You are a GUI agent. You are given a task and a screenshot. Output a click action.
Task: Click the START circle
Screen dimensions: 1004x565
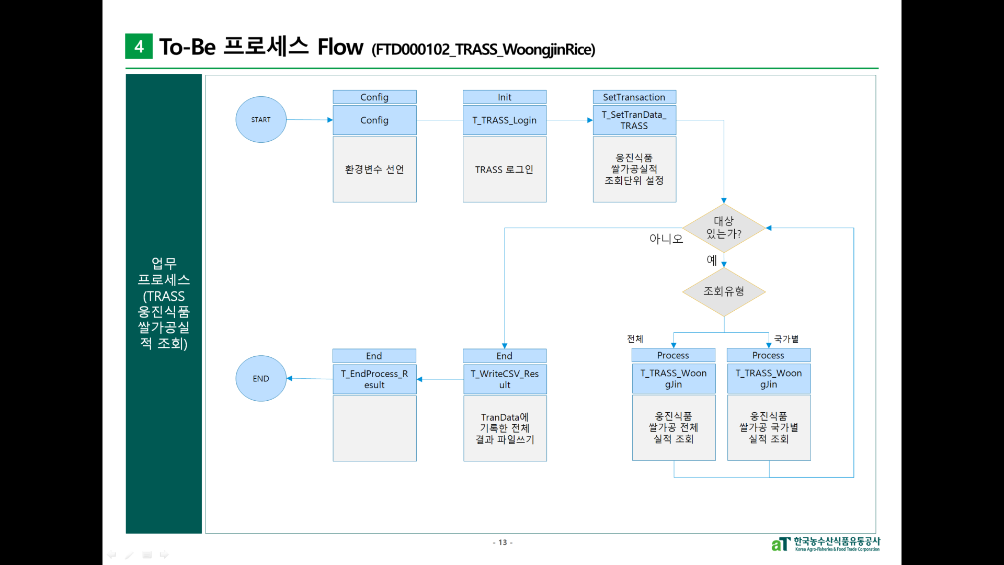click(x=261, y=120)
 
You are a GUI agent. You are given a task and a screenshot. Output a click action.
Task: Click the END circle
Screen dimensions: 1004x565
click(x=261, y=379)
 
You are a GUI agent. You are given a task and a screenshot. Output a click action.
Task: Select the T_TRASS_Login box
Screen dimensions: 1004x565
click(x=505, y=120)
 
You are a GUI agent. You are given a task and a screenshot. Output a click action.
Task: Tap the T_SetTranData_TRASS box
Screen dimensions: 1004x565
click(x=634, y=120)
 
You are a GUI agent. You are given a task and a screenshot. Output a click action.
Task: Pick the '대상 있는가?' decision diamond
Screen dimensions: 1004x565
click(x=724, y=228)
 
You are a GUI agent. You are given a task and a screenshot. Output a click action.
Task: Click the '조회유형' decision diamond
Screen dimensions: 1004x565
click(x=724, y=291)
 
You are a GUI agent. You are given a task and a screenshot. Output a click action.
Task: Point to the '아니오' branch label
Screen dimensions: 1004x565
click(x=666, y=239)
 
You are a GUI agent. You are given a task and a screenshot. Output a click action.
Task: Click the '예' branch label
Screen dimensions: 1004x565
click(x=712, y=260)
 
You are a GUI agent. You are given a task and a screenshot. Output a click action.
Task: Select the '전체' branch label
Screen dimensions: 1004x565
click(x=635, y=339)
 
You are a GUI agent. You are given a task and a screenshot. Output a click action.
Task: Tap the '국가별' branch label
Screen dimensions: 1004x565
click(x=786, y=339)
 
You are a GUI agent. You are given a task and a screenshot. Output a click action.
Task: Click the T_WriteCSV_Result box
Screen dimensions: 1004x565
click(x=505, y=379)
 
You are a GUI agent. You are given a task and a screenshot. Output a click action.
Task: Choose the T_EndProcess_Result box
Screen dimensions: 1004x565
click(x=374, y=379)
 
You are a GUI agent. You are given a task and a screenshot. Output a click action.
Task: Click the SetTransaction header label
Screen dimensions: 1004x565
click(x=634, y=97)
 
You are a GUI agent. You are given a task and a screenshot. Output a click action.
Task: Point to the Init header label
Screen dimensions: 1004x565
click(x=505, y=97)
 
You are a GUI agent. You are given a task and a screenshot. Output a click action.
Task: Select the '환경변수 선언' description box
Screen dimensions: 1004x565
click(x=374, y=169)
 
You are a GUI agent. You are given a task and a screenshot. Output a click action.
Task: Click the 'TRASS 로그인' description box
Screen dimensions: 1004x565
click(x=505, y=169)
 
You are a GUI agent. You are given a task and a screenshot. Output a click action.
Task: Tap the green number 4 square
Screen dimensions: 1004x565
click(x=139, y=46)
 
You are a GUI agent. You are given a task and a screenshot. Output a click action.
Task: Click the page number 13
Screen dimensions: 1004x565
click(x=503, y=543)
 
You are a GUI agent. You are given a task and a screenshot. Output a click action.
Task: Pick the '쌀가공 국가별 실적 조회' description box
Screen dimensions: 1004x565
click(x=769, y=428)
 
